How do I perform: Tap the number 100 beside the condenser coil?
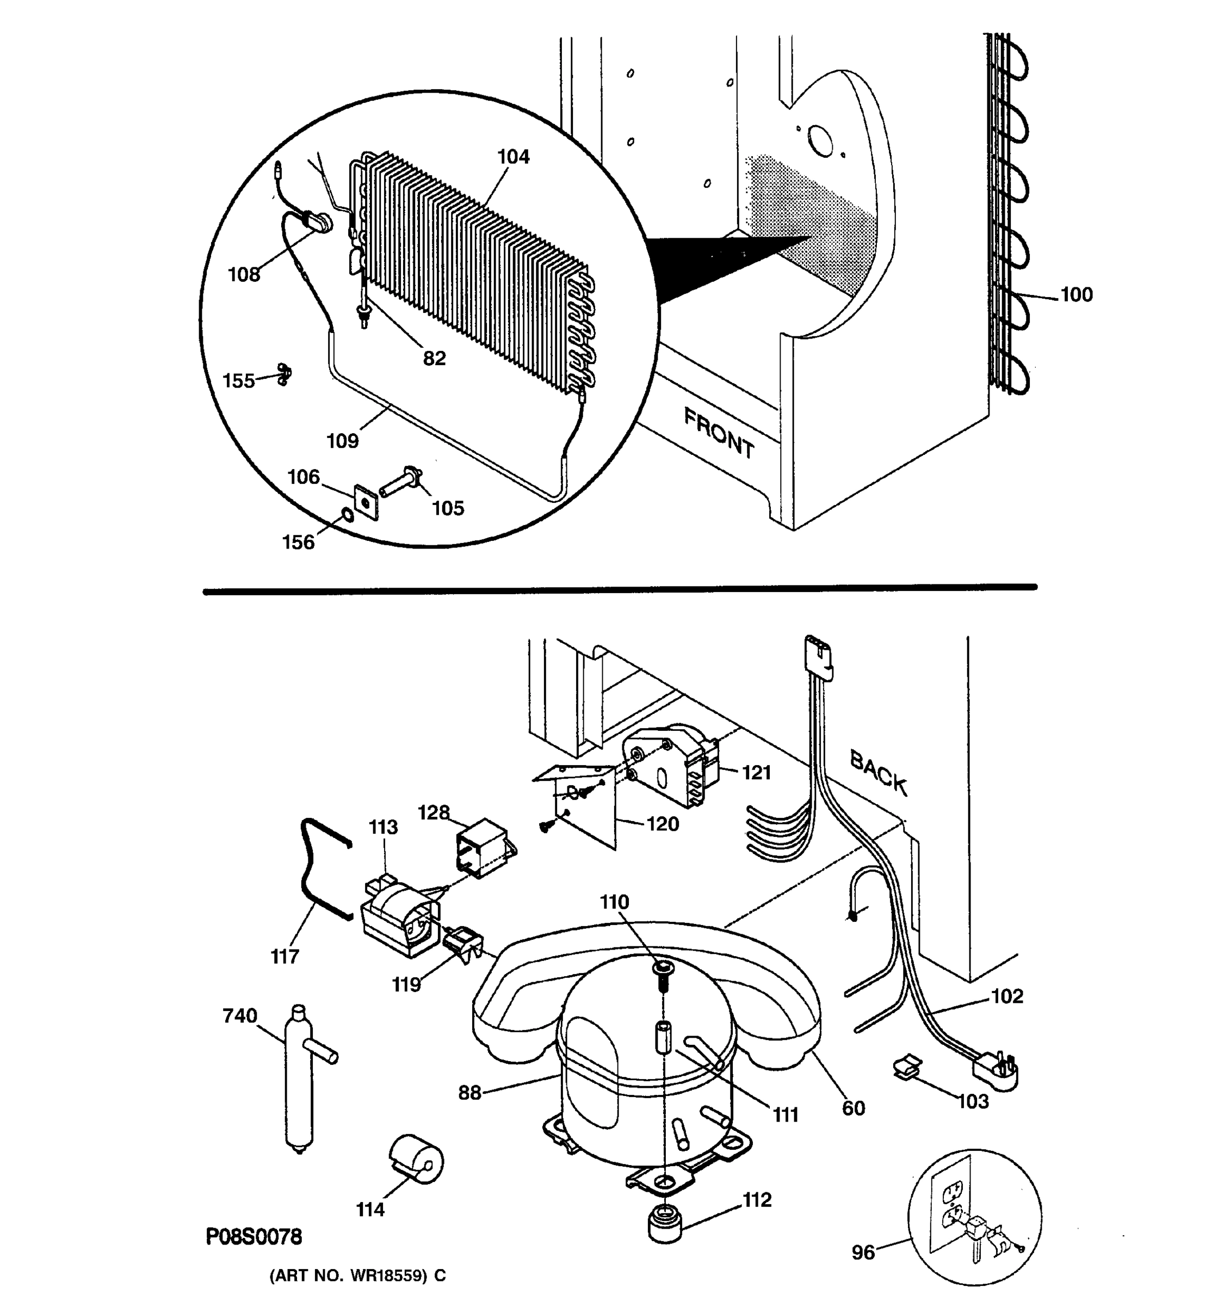(1076, 294)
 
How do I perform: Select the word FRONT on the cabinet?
(719, 433)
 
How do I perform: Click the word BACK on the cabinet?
(878, 773)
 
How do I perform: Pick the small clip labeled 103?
(907, 1066)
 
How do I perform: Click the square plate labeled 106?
(366, 502)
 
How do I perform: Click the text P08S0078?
(254, 1237)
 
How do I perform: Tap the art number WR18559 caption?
(358, 1275)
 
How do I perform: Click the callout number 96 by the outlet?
(863, 1252)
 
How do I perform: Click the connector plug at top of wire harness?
(819, 656)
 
